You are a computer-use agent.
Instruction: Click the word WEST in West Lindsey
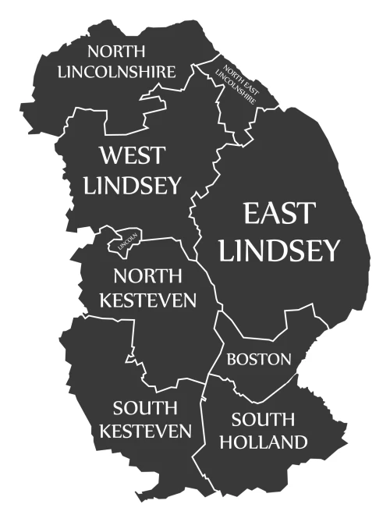point(132,154)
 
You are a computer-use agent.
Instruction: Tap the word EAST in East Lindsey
point(278,213)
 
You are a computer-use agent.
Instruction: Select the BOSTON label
point(259,359)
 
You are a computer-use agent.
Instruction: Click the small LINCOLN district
point(125,242)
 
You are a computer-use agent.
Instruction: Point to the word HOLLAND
point(262,442)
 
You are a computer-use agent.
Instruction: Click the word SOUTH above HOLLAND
point(262,418)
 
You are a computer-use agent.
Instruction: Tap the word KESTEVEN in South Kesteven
point(152,431)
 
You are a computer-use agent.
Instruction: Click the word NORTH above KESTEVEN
point(147,275)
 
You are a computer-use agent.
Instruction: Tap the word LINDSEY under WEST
point(132,185)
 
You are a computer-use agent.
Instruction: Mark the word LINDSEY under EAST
point(279,250)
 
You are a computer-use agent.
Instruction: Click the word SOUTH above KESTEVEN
point(144,407)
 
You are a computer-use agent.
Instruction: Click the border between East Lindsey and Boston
point(265,332)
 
